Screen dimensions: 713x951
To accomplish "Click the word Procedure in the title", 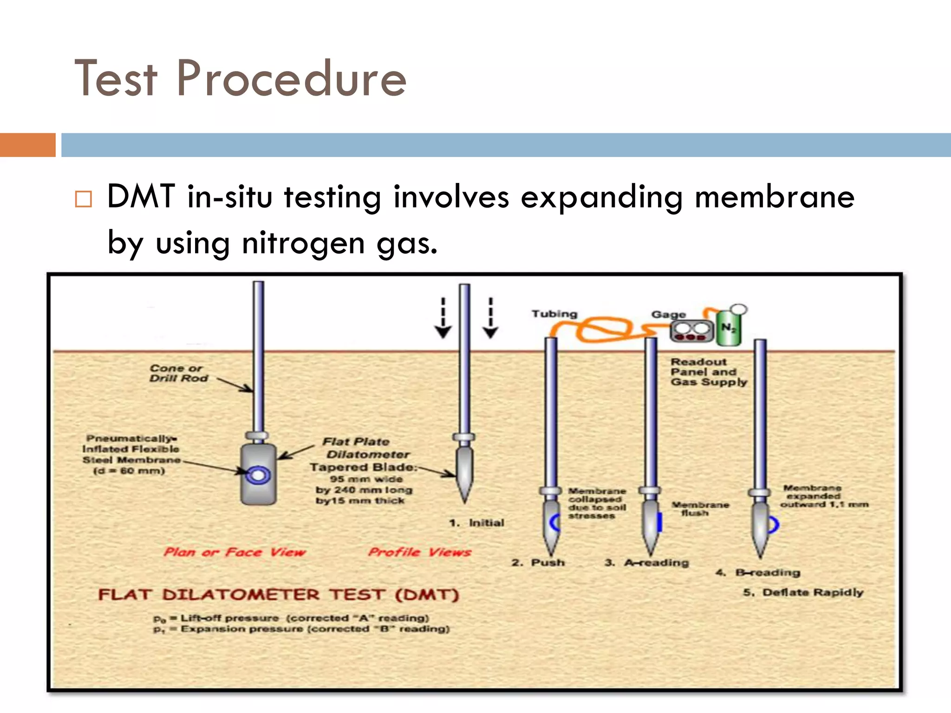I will coord(291,79).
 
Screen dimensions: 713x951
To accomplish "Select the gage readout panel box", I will coord(691,331).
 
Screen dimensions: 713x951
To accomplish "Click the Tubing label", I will coord(554,314).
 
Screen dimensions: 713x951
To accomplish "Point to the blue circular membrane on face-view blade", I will coord(258,475).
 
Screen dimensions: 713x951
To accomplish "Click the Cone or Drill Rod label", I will coord(178,373).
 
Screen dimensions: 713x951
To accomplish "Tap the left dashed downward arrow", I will coord(443,318).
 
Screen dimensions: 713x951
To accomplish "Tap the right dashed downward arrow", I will coord(490,318).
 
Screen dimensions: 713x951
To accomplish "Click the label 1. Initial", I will coord(477,523).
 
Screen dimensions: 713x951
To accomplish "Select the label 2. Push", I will coord(538,563).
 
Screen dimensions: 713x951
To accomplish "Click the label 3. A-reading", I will coord(646,563).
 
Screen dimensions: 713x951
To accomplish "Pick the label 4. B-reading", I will coord(758,572).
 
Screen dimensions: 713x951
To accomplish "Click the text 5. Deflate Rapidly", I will coord(803,592).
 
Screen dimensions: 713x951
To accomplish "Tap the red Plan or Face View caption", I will coord(234,552).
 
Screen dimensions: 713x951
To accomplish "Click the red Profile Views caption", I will coord(419,552).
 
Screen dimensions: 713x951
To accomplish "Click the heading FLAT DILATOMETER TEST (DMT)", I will coord(278,595).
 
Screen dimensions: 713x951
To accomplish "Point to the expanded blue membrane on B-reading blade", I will coord(773,525).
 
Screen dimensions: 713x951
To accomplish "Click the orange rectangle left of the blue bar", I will coord(27,145).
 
